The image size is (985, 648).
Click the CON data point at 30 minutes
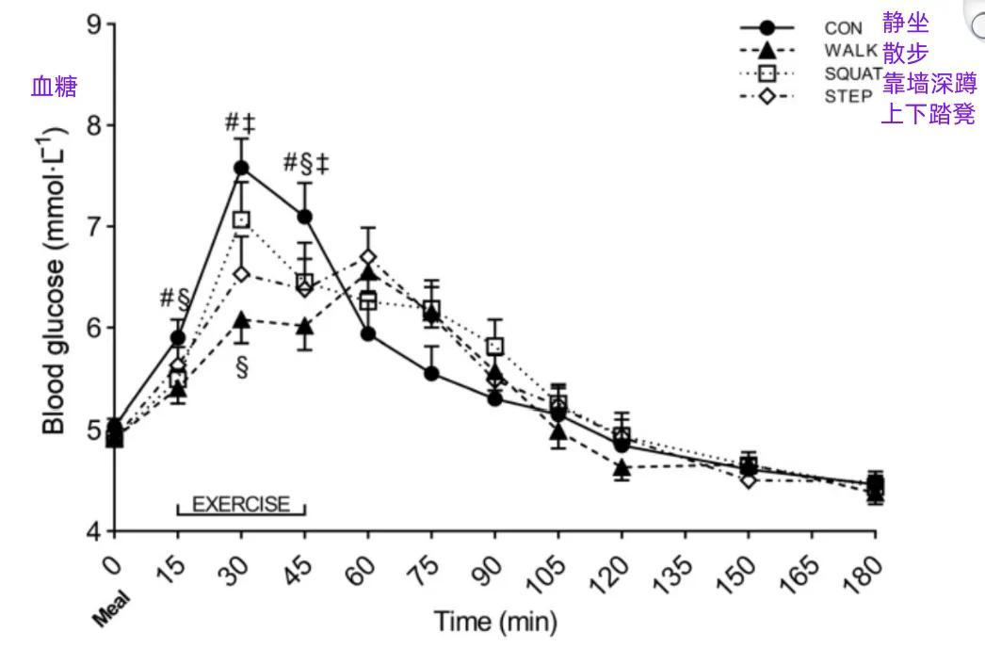(241, 168)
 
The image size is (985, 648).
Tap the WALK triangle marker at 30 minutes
(241, 320)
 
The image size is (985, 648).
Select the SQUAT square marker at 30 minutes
(241, 219)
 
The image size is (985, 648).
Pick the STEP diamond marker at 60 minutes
(368, 256)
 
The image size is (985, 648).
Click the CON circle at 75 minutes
(431, 373)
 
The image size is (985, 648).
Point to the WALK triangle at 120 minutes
(622, 467)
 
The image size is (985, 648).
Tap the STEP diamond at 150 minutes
(749, 480)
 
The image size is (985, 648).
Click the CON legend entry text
(843, 29)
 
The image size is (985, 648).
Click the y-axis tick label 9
(93, 24)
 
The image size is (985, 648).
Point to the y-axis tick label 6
(93, 328)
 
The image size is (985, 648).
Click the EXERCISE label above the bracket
(241, 504)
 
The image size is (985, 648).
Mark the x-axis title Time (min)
(494, 622)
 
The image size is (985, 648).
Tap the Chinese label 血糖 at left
(54, 88)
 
